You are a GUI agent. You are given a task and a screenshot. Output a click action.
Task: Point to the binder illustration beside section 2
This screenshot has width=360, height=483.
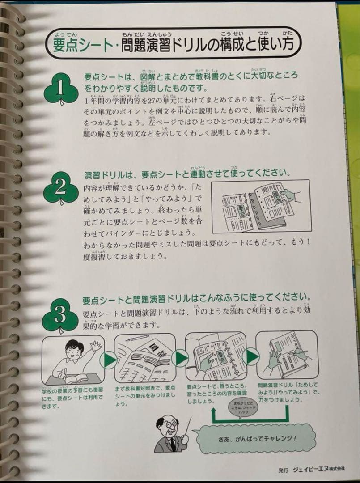(261, 206)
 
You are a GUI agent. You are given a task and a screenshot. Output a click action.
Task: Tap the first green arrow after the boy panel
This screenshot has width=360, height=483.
(108, 359)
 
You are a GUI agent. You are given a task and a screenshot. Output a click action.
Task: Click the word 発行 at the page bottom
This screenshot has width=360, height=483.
(283, 470)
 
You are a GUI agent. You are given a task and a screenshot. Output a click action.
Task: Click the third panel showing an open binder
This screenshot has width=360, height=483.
(216, 356)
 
